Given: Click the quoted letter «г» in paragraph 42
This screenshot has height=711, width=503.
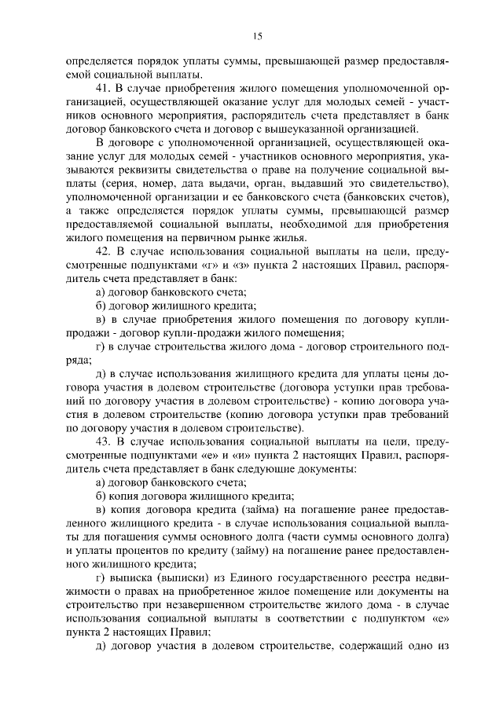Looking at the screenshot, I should click(207, 266).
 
